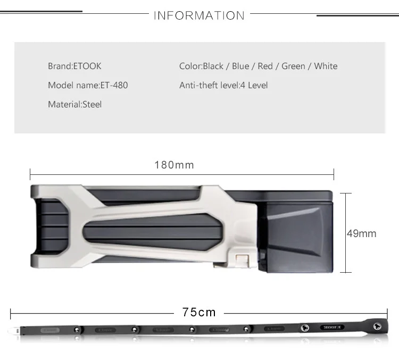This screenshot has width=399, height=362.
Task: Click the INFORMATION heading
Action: pyautogui.click(x=199, y=15)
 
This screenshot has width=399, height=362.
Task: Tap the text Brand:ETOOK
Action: pyautogui.click(x=74, y=66)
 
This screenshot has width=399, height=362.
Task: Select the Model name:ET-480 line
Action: pyautogui.click(x=88, y=85)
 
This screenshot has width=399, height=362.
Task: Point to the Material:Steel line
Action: pyautogui.click(x=75, y=104)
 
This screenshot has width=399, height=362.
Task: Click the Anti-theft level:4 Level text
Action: pyautogui.click(x=223, y=85)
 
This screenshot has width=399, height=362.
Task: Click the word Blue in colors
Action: pyautogui.click(x=240, y=66)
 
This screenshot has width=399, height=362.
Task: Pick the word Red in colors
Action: pyautogui.click(x=265, y=66)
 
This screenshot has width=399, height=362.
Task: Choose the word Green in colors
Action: pyautogui.click(x=293, y=66)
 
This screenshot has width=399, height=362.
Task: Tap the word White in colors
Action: pyautogui.click(x=326, y=66)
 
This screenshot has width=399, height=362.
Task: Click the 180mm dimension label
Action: pyautogui.click(x=174, y=165)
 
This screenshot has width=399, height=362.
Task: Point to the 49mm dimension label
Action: pyautogui.click(x=362, y=233)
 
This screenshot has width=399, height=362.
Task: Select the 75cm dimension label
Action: pyautogui.click(x=199, y=312)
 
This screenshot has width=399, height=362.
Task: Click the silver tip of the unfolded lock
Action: pyautogui.click(x=14, y=331)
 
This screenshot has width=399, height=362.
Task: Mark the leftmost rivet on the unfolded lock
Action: pyautogui.click(x=76, y=330)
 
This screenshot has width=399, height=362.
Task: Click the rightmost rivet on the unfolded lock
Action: pyautogui.click(x=377, y=326)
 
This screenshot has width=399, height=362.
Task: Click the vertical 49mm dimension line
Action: pyautogui.click(x=346, y=233)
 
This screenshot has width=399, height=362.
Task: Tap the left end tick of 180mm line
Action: pyautogui.click(x=30, y=174)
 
